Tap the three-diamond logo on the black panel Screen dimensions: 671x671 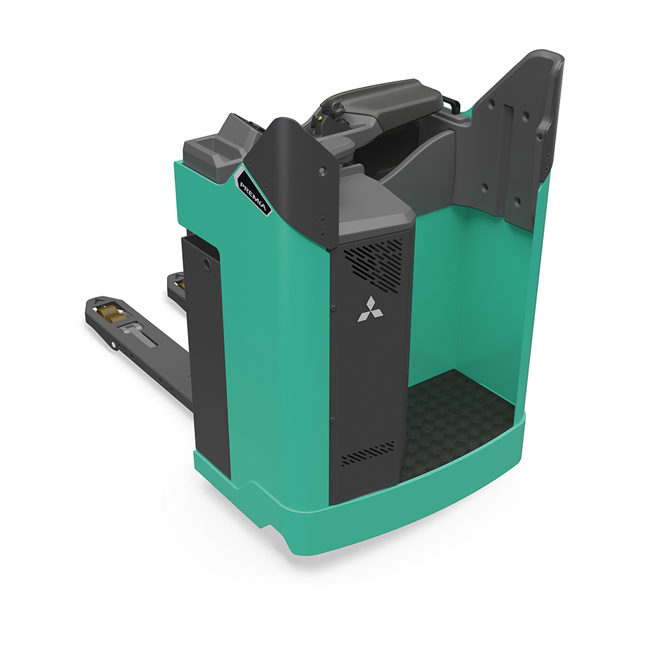pyautogui.click(x=370, y=309)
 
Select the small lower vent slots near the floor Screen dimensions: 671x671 pyautogui.click(x=368, y=452)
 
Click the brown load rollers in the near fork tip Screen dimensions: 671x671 pyautogui.click(x=110, y=313)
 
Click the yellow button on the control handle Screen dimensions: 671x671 pyautogui.click(x=320, y=117)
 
